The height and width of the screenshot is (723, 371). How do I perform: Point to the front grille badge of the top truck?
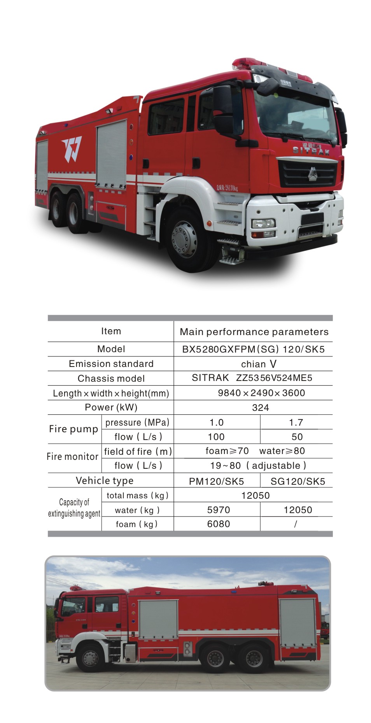click(312, 174)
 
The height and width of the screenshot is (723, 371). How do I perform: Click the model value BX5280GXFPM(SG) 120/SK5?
click(253, 349)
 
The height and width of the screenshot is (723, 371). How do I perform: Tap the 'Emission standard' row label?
click(111, 364)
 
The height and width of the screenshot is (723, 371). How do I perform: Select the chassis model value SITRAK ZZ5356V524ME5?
click(252, 378)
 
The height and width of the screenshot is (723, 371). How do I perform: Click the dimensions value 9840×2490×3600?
click(261, 393)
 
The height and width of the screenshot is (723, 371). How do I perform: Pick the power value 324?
click(260, 408)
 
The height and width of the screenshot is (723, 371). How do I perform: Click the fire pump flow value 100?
click(216, 437)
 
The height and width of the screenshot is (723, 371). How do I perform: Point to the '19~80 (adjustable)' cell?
click(258, 466)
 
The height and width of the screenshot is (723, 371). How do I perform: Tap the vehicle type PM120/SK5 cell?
click(216, 481)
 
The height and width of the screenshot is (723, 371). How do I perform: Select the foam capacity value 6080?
click(219, 524)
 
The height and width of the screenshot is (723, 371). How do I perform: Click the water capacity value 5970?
click(219, 510)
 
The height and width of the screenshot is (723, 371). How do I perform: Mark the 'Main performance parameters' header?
click(254, 332)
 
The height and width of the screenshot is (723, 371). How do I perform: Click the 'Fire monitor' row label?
click(72, 457)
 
